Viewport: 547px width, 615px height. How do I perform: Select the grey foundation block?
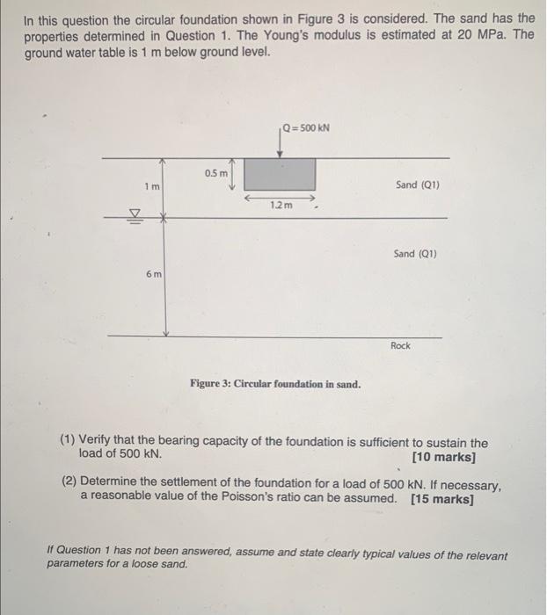280,174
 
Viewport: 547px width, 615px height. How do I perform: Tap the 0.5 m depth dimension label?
215,174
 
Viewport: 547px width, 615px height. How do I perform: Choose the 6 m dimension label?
152,275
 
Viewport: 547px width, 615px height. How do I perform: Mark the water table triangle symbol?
135,212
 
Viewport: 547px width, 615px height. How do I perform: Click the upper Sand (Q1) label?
417,185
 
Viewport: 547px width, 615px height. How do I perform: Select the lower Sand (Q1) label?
416,254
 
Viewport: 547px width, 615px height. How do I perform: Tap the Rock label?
400,346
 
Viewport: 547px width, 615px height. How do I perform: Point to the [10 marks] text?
443,458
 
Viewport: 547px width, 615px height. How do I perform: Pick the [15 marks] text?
441,500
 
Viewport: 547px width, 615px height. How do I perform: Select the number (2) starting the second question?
69,485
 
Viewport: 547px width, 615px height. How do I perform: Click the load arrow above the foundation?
280,144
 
